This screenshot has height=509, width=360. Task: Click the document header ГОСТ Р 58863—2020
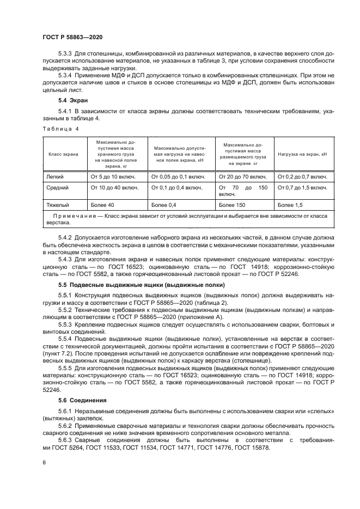pyautogui.click(x=72, y=36)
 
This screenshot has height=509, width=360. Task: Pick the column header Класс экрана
pyautogui.click(x=64, y=155)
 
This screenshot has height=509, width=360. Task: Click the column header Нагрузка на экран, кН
pyautogui.click(x=302, y=155)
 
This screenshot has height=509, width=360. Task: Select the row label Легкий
pyautogui.click(x=58, y=176)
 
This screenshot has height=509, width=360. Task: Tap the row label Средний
pyautogui.click(x=59, y=187)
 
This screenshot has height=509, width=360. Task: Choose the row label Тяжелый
pyautogui.click(x=60, y=205)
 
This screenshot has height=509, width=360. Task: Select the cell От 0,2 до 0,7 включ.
pyautogui.click(x=302, y=176)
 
